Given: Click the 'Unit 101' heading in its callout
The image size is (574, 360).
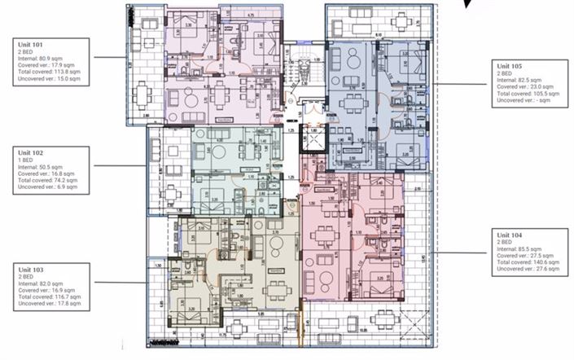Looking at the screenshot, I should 28,46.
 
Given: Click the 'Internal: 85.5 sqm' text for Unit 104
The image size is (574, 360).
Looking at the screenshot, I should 522,249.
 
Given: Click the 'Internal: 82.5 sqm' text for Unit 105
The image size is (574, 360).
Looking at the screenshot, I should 522,79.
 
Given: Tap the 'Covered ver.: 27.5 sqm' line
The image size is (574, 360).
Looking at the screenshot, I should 525,257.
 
